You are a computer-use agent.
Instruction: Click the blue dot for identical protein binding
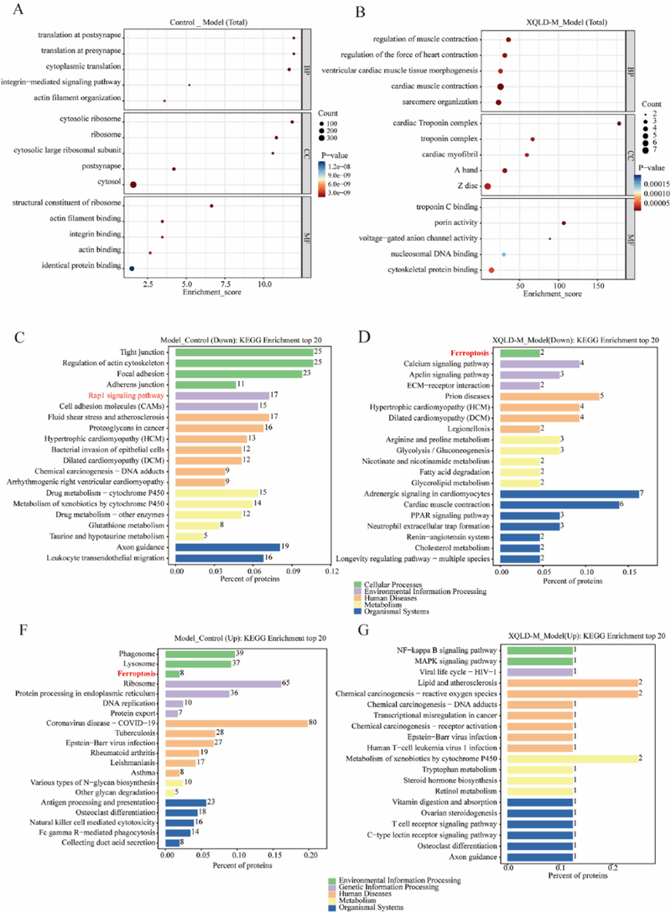132,269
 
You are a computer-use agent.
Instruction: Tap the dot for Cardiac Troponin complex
619,123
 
